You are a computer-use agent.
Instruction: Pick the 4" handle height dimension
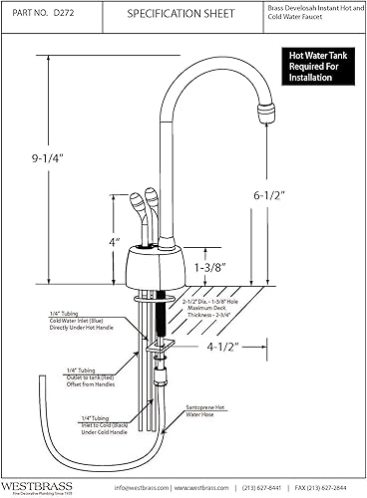click(116, 241)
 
